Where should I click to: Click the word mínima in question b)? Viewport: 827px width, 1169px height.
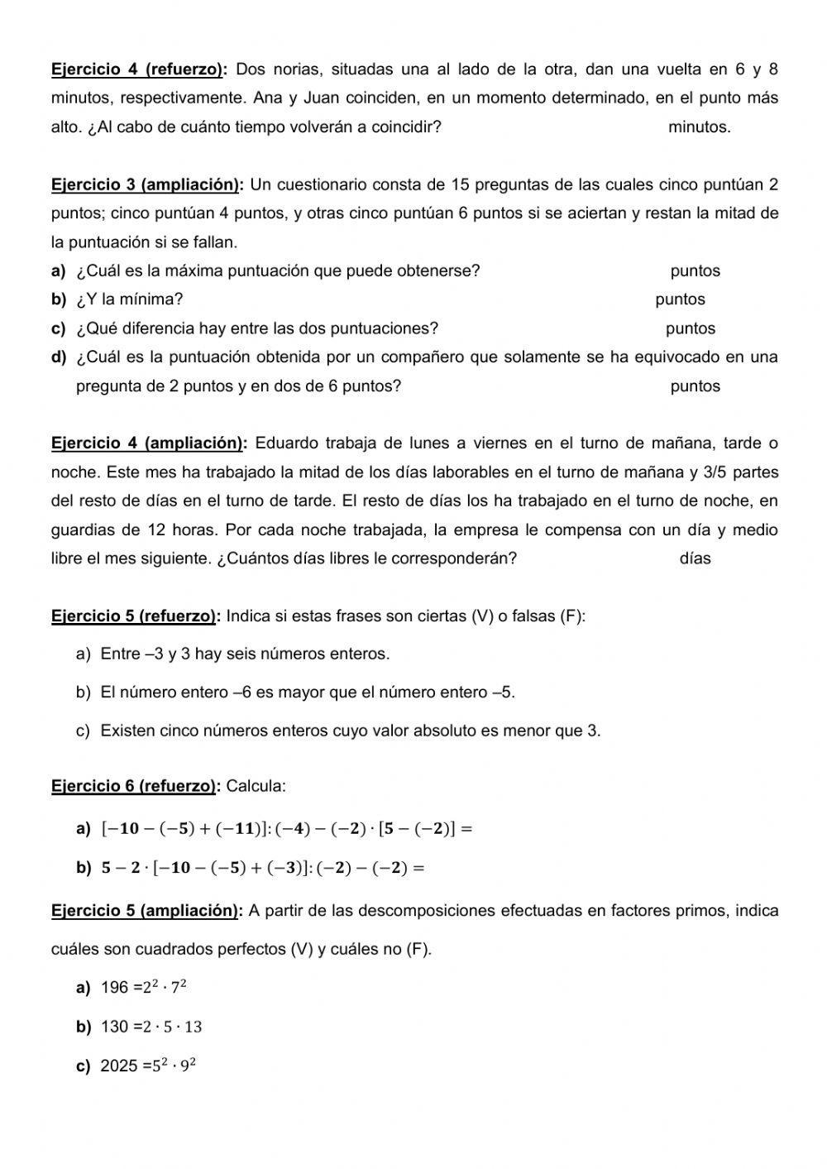tap(155, 299)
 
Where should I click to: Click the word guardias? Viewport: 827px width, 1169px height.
tap(83, 529)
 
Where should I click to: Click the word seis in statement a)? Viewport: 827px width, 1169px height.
tap(241, 654)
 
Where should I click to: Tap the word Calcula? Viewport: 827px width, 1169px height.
tap(256, 786)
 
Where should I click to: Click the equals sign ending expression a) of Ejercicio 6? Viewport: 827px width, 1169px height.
tap(466, 829)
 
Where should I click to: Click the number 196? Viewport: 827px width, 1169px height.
tap(115, 988)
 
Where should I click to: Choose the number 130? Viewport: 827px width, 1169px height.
tap(115, 1028)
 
